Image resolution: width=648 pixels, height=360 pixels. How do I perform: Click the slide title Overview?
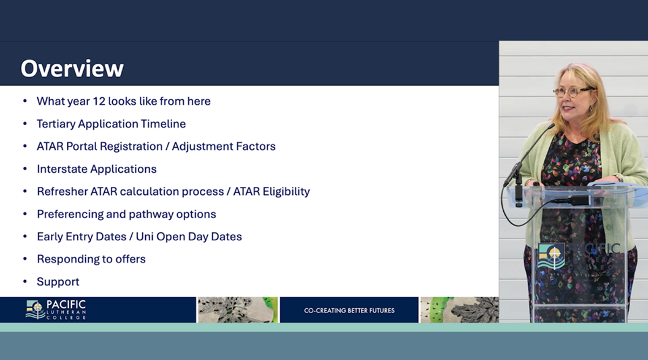(x=72, y=69)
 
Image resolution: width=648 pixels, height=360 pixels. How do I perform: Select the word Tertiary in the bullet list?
(x=56, y=124)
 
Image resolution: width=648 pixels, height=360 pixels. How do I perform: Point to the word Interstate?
(x=62, y=169)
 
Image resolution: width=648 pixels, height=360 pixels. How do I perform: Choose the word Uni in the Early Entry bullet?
(x=144, y=236)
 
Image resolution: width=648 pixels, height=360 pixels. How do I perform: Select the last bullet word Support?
(x=58, y=282)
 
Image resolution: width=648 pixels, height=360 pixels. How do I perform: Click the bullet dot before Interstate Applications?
(x=25, y=168)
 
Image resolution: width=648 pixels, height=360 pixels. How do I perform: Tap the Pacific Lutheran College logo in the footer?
(x=56, y=310)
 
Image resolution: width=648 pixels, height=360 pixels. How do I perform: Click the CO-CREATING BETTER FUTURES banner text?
(x=349, y=310)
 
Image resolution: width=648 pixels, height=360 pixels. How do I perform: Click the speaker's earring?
(x=591, y=108)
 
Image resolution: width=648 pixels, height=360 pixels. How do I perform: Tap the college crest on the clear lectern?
(x=551, y=256)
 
